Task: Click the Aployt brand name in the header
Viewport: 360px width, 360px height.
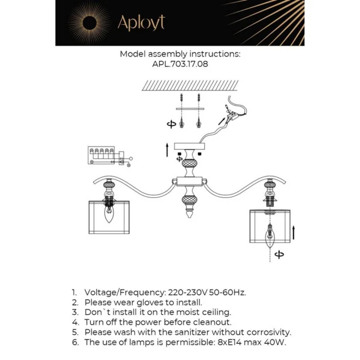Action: click(x=141, y=23)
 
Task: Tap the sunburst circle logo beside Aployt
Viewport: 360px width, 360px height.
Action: click(x=88, y=23)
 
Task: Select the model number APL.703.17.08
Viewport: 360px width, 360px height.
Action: click(x=180, y=65)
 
